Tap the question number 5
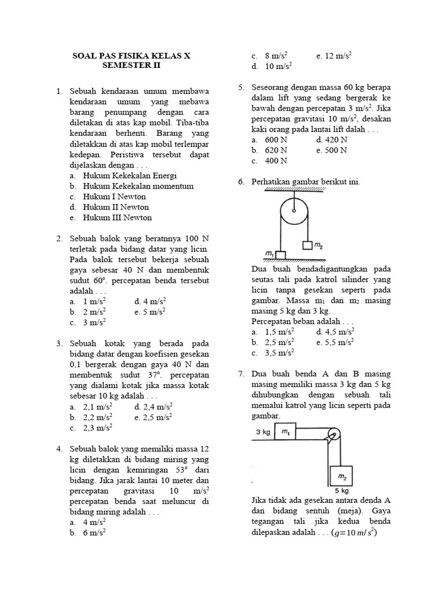tap(240, 87)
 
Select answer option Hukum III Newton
tap(118, 218)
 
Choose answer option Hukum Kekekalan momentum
tap(138, 186)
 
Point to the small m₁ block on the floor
tap(280, 255)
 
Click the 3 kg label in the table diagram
tap(264, 432)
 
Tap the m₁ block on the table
tap(285, 433)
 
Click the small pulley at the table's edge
tap(333, 435)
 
